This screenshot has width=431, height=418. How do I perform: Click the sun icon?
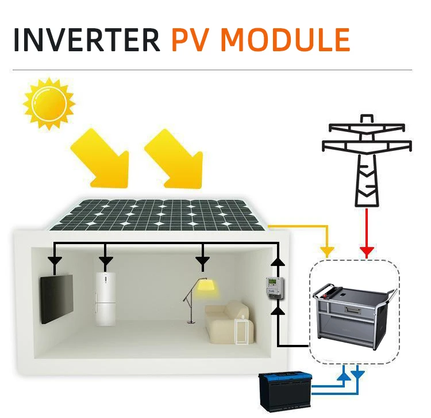[49, 103]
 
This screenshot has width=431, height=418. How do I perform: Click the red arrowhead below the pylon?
[366, 252]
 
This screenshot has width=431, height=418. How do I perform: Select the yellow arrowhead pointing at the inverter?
[327, 252]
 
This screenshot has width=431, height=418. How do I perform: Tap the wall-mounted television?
[56, 299]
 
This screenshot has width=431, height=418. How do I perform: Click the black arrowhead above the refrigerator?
[106, 262]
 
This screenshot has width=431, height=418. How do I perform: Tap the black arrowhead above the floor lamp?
[202, 262]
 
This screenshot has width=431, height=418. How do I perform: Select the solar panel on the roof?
[158, 214]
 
